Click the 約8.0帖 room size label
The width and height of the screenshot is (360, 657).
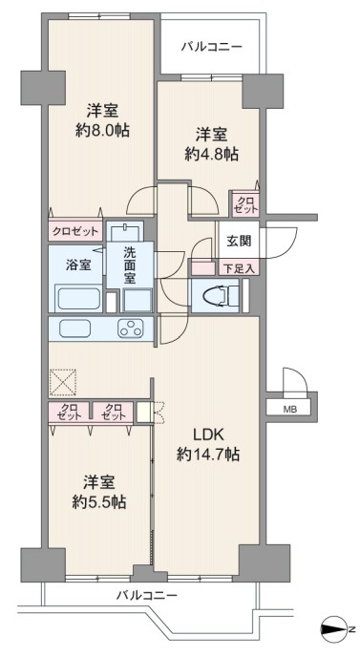click(102, 131)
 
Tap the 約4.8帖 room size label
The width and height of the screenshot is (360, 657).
click(212, 154)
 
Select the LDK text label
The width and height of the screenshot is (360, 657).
click(209, 434)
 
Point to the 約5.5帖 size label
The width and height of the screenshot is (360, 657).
click(99, 501)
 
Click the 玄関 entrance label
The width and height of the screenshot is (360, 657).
click(240, 241)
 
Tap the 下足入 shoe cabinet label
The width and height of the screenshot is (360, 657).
click(239, 268)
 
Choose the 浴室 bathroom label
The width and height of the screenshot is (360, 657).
click(79, 265)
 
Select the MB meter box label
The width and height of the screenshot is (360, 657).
click(290, 409)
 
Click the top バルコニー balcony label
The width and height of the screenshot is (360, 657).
click(212, 46)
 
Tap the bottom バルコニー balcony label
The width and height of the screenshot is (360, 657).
click(147, 594)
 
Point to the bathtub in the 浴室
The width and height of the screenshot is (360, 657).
click(78, 299)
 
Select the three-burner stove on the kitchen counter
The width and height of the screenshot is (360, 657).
click(131, 328)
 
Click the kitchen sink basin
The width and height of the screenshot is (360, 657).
click(74, 328)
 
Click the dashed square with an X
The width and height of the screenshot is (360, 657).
click(63, 382)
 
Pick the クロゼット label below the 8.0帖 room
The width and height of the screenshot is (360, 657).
click(75, 231)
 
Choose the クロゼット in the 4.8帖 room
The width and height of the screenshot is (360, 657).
click(245, 205)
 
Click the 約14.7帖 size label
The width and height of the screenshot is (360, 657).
click(208, 454)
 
